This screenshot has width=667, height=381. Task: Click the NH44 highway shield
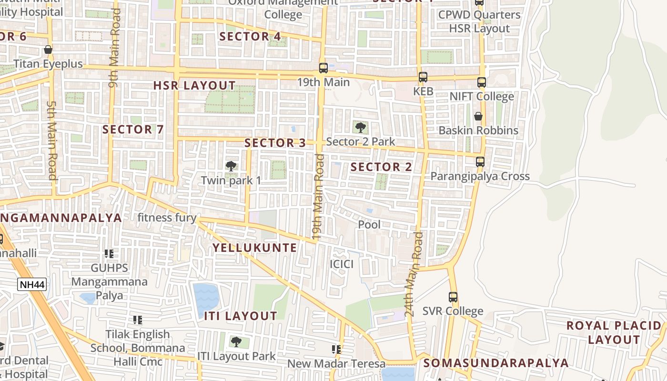click(32, 285)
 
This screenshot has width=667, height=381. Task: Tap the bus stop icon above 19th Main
click(323, 68)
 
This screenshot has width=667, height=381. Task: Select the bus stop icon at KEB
click(423, 77)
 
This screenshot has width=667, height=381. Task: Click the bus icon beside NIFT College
click(481, 82)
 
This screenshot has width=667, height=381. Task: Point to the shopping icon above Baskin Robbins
click(478, 116)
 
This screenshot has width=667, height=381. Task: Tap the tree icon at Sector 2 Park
click(361, 127)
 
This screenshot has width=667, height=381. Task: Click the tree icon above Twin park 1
click(231, 166)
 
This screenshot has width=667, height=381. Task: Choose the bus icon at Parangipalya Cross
click(480, 162)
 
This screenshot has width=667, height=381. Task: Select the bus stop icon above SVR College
click(453, 297)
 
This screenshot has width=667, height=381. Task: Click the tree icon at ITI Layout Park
click(236, 341)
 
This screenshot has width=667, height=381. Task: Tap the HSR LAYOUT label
click(194, 86)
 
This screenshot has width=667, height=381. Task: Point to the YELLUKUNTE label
click(254, 248)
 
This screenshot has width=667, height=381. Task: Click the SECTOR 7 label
click(133, 129)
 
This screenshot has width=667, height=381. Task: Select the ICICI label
click(342, 264)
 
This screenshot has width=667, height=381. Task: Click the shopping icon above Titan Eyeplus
click(48, 50)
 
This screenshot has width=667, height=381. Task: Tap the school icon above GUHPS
click(109, 254)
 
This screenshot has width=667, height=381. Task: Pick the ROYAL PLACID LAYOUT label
click(614, 332)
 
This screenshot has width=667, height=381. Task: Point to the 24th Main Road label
click(413, 275)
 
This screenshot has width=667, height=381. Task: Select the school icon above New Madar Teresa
click(336, 350)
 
